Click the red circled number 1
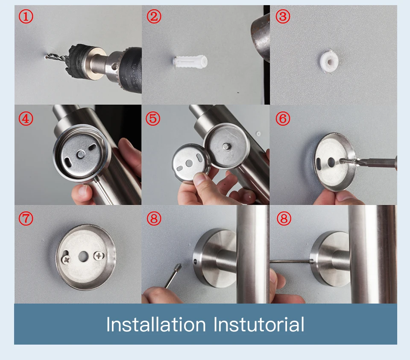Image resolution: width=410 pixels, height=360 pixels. [26, 17]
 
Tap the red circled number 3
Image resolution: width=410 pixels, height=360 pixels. [283, 17]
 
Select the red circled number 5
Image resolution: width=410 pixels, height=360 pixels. [153, 118]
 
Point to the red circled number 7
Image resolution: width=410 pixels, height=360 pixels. [26, 218]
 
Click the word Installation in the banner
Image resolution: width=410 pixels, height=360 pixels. [156, 324]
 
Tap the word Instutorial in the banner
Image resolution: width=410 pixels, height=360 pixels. [259, 324]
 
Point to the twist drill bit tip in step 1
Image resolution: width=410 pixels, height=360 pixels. [46, 56]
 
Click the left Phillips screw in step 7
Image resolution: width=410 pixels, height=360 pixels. [66, 260]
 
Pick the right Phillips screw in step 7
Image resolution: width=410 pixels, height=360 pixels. [99, 256]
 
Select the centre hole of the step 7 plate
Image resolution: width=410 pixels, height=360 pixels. [83, 257]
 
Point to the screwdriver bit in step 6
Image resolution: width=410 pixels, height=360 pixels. [375, 162]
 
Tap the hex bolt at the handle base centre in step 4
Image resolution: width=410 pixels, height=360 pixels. [81, 154]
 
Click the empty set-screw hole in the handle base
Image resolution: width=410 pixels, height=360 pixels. [195, 261]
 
